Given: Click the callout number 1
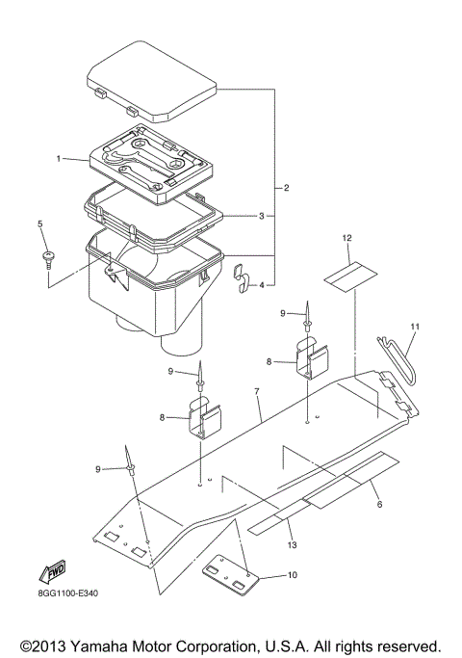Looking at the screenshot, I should tap(60, 158).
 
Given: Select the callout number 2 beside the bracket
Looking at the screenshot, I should tap(288, 185).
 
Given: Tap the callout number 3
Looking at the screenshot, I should tap(261, 216).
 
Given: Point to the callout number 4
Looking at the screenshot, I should tap(261, 285).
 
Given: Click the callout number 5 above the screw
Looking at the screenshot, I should tap(40, 224).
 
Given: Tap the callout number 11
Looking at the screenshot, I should tap(415, 327).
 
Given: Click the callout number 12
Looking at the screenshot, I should tap(346, 237).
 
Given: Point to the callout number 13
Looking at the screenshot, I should tap(293, 546).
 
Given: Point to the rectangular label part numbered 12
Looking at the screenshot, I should tap(346, 275).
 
